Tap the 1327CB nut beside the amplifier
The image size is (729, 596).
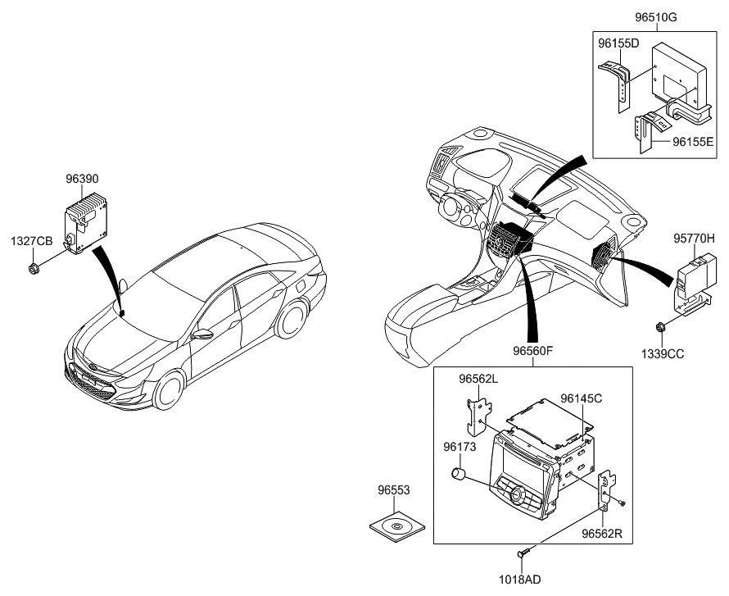pyautogui.click(x=33, y=268)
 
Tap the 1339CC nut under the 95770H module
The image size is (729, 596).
pyautogui.click(x=660, y=330)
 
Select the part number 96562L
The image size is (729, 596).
pyautogui.click(x=478, y=380)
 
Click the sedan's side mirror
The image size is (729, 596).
pyautogui.click(x=202, y=334)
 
